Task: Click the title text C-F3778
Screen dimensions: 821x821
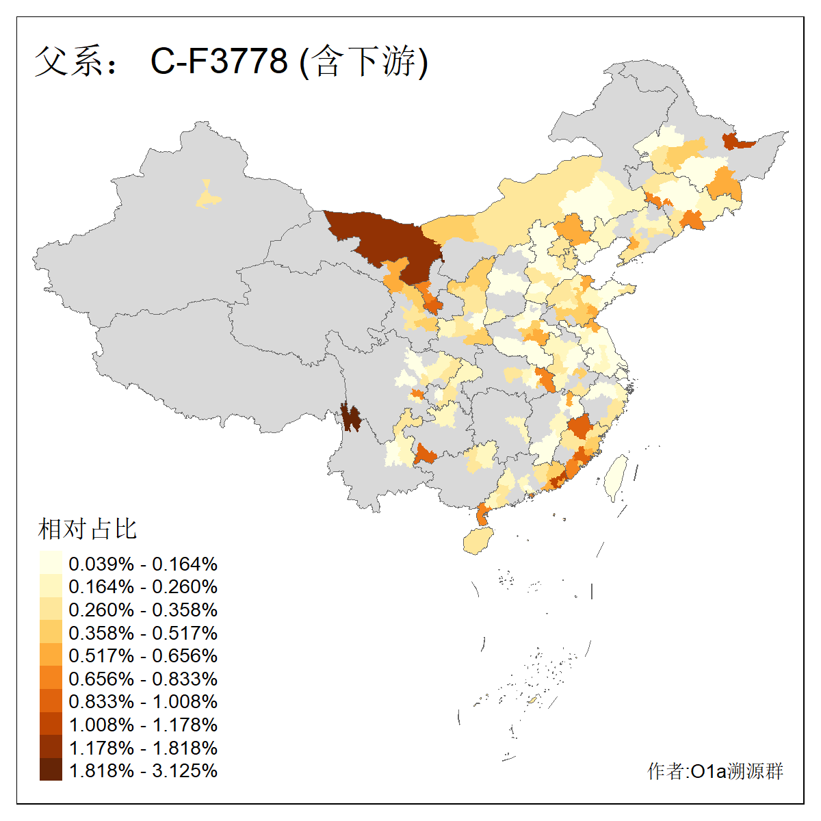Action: click(x=219, y=62)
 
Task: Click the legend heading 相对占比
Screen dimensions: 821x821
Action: click(x=88, y=529)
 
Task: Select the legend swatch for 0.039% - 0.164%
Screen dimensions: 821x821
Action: click(x=51, y=564)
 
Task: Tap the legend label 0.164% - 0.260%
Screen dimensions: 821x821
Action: click(x=143, y=587)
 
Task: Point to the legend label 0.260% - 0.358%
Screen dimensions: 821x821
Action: click(x=143, y=610)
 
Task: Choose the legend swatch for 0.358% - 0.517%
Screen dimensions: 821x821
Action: click(x=51, y=633)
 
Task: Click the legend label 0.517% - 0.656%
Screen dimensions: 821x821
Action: click(x=143, y=655)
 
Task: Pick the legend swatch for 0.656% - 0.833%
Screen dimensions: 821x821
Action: click(x=51, y=679)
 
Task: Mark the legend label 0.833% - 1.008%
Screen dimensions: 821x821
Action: click(x=143, y=701)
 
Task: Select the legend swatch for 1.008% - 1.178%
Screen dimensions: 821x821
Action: click(x=51, y=725)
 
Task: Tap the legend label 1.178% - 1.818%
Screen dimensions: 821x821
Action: click(x=143, y=748)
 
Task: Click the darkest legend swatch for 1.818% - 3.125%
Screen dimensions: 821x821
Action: click(x=51, y=770)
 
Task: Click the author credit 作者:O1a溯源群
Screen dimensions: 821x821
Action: click(x=715, y=771)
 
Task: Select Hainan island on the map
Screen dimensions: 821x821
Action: click(x=478, y=541)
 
